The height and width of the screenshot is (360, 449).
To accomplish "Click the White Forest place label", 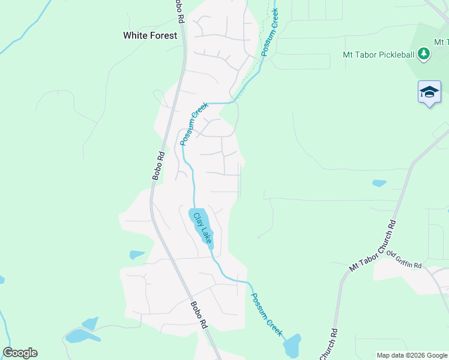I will point(150,35).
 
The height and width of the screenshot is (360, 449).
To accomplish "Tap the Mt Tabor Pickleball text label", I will point(379,55).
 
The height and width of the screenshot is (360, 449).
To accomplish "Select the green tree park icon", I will point(424,55).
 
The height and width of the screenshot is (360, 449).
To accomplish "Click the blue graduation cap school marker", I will point(429,92).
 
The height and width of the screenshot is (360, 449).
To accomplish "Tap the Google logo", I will point(20,353).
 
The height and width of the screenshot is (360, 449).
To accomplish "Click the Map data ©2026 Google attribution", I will point(411,355).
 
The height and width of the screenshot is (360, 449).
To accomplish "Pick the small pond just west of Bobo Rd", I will point(137,254).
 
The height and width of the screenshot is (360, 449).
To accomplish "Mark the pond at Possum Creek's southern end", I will point(292,346).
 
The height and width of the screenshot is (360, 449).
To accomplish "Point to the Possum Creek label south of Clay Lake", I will point(266,315).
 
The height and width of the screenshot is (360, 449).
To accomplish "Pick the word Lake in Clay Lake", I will point(206,233).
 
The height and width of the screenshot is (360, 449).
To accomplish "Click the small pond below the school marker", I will point(379,183).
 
